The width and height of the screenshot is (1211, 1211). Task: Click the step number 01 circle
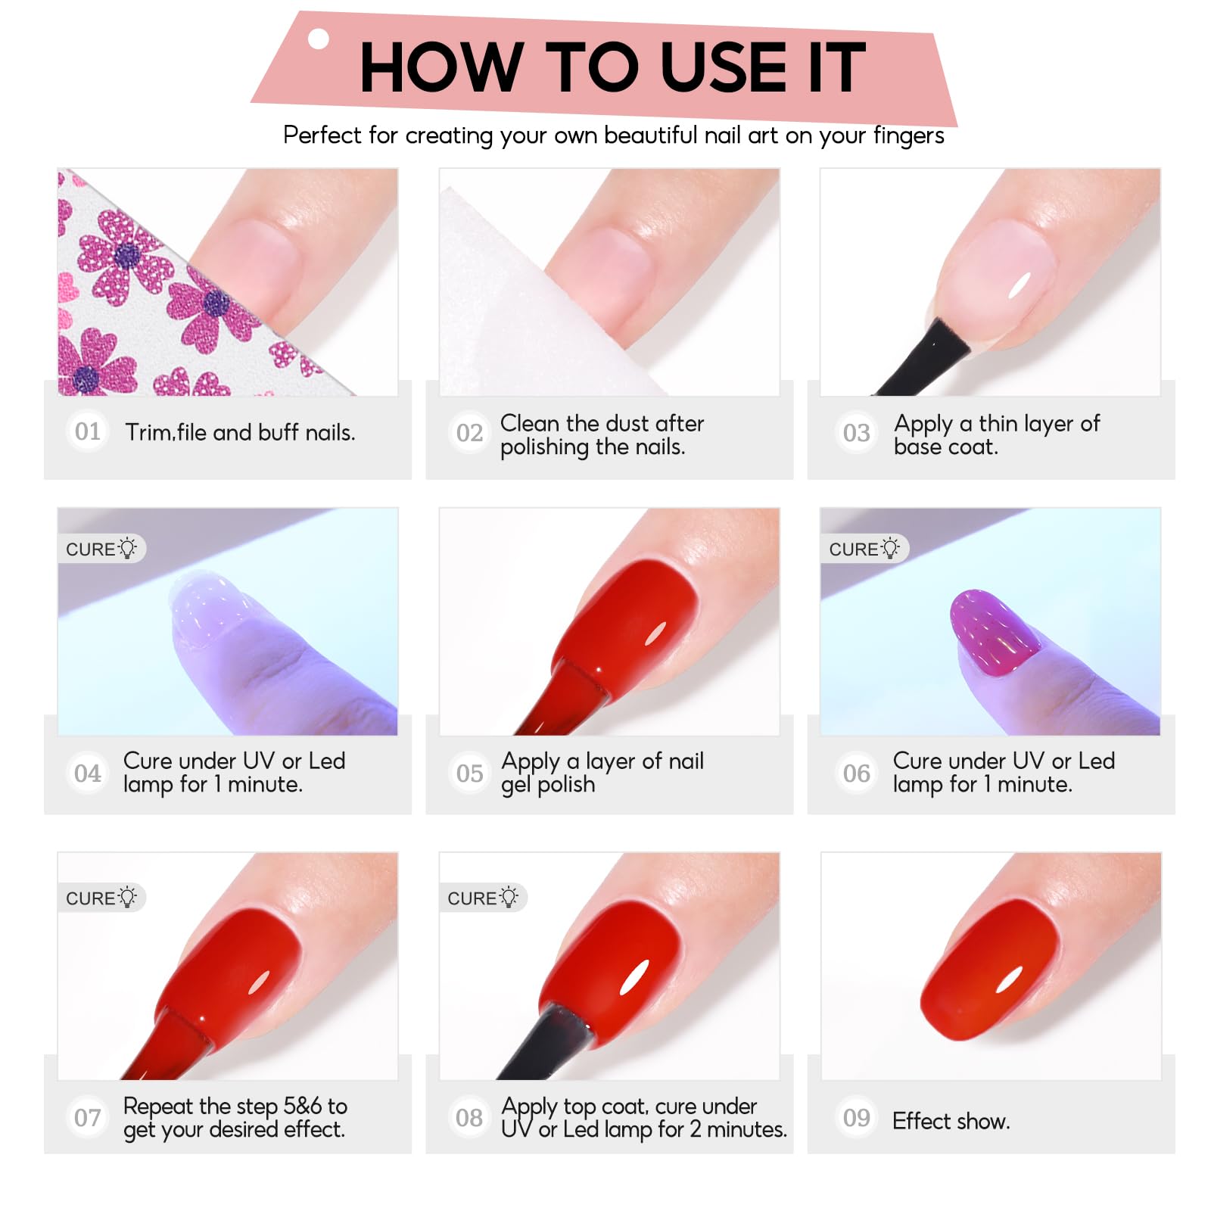(88, 431)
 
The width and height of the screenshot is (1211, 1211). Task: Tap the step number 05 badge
(469, 773)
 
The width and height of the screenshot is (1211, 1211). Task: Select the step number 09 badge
(857, 1117)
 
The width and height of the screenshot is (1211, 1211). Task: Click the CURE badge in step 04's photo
(101, 549)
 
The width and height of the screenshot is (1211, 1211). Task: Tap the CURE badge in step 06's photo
(864, 549)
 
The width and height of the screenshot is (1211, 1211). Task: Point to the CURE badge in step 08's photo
(483, 898)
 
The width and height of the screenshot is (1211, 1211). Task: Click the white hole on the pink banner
(319, 39)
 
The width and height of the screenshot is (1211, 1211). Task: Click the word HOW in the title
(442, 67)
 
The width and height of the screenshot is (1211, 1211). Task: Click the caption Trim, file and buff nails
(240, 432)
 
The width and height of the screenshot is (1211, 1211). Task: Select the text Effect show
(951, 1121)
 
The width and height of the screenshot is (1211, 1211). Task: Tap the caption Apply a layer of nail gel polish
(602, 773)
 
